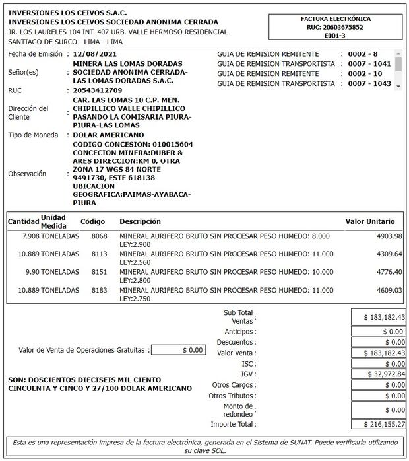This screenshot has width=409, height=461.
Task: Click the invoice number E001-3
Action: point(335,36)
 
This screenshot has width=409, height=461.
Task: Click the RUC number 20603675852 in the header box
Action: point(335,28)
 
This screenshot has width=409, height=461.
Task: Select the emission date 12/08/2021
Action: point(96,53)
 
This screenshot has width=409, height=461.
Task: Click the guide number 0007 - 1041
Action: point(370,63)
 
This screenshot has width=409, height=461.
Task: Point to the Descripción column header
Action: point(140,221)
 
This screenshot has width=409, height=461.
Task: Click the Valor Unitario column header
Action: point(370,221)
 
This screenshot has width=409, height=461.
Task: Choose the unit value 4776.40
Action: point(389,271)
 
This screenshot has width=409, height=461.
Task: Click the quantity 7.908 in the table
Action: point(30,236)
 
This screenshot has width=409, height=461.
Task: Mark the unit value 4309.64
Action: point(389,254)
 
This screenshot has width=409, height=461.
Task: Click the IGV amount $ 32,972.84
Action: point(379,374)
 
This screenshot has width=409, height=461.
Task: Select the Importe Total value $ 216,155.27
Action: point(379,424)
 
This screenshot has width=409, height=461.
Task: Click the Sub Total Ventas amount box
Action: point(379,317)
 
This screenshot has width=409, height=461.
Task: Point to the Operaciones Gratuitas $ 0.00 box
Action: point(177,350)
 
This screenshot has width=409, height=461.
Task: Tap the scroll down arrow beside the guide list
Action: point(398,85)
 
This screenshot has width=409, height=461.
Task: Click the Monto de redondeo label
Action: point(238,409)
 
